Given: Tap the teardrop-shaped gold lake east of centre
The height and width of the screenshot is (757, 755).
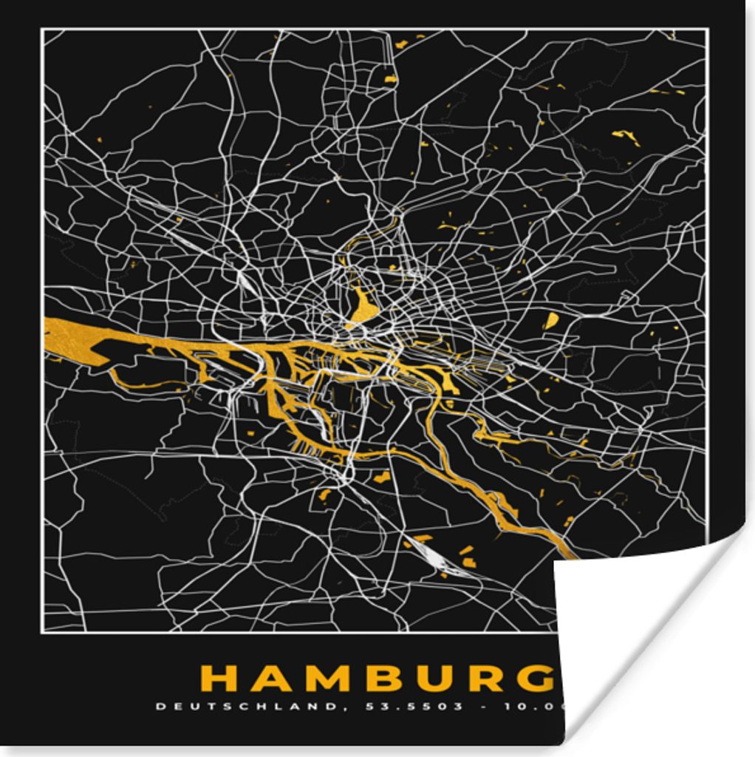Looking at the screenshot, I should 551,321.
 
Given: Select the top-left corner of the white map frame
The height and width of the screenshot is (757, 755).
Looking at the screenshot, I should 42,30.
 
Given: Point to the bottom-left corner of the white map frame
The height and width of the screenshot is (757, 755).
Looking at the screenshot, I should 42,632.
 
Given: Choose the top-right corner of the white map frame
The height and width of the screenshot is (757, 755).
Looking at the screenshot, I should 706,30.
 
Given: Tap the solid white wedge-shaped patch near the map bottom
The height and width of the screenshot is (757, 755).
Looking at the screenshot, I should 428,551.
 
